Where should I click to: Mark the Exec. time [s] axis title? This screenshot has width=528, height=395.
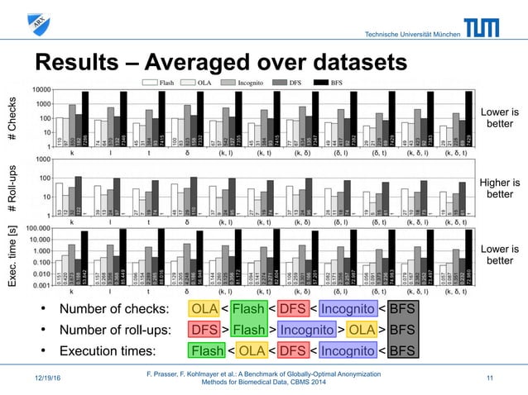(x=12, y=255)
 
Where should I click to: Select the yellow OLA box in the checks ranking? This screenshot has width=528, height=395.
(x=204, y=309)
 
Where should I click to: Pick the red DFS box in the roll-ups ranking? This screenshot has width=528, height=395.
(x=204, y=331)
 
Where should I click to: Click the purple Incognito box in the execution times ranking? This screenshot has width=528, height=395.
(x=343, y=352)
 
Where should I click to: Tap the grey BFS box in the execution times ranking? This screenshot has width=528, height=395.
(x=403, y=352)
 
